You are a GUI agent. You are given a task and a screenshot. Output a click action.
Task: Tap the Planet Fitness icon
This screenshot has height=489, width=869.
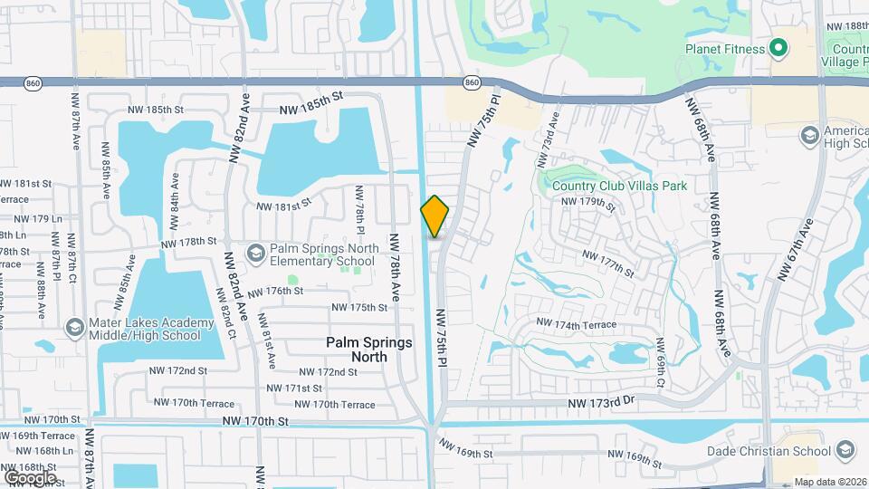[778, 49]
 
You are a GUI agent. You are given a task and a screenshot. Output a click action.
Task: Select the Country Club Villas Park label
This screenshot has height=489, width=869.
[619, 186]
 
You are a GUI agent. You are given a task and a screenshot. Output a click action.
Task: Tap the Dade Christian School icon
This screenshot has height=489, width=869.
[845, 450]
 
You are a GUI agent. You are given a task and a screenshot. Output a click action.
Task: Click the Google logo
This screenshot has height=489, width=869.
[30, 477]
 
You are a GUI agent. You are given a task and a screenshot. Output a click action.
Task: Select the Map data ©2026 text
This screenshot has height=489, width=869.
[830, 482]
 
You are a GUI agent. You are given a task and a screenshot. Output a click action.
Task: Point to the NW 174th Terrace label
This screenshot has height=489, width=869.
[576, 324]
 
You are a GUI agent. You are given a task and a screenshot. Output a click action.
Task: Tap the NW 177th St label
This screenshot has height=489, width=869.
[607, 264]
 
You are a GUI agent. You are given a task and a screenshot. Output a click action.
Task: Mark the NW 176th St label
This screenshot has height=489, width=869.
[273, 292]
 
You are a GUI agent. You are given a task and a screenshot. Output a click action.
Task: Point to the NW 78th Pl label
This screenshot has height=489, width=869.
[359, 208]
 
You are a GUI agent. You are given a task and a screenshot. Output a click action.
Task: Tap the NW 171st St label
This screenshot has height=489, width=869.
[296, 388]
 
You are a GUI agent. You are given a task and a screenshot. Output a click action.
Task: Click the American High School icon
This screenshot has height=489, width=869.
[810, 136]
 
